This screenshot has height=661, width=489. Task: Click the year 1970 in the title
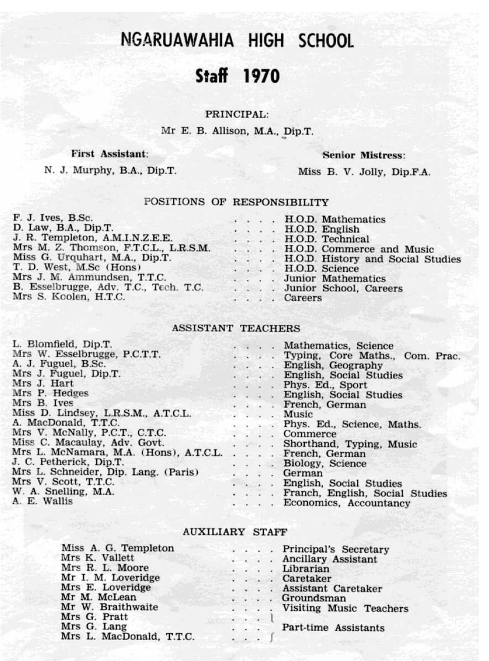(261, 76)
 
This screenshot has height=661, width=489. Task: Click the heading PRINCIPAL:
(237, 115)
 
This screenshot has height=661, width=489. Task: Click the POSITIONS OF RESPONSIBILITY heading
(237, 202)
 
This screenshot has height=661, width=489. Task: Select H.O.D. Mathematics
(335, 220)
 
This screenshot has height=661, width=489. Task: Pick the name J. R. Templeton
(54, 238)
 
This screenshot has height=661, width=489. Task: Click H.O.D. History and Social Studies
(372, 259)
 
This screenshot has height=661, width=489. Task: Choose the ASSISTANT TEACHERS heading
(236, 328)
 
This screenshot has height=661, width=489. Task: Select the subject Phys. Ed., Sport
(325, 385)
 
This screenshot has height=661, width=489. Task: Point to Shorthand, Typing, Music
(350, 444)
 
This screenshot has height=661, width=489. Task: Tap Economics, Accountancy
(347, 503)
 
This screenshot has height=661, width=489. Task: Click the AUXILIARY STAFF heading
(235, 532)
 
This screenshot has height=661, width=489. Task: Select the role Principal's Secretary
(336, 549)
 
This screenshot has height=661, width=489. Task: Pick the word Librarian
(306, 569)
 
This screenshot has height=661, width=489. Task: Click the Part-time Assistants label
(333, 628)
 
